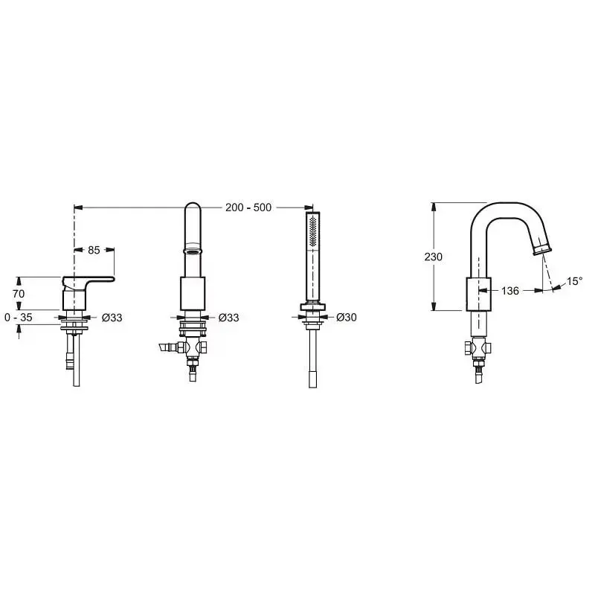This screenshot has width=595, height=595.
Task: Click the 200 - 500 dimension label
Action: [248, 208]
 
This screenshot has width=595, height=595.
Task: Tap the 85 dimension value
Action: [94, 250]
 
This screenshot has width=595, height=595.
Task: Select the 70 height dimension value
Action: [19, 294]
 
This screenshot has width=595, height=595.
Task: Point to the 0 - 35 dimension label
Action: [19, 318]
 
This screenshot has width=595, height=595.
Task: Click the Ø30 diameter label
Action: [347, 318]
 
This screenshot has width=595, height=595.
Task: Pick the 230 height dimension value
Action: [434, 257]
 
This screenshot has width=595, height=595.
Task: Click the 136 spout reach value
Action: [510, 291]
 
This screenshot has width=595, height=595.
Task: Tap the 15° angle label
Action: [574, 281]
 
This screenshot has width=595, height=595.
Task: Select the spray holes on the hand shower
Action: [313, 232]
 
